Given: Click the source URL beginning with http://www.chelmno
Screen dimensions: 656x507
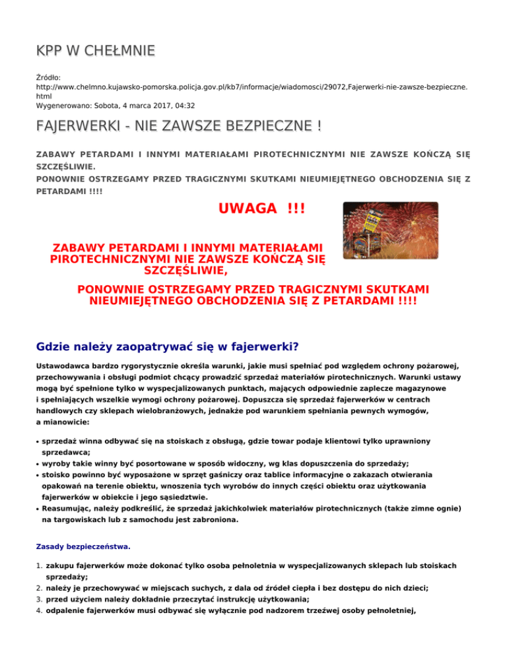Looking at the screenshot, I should click(x=251, y=86).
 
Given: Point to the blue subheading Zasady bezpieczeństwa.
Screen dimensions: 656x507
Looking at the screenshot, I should click(x=83, y=546).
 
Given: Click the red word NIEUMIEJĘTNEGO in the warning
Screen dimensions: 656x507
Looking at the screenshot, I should click(x=149, y=301).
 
